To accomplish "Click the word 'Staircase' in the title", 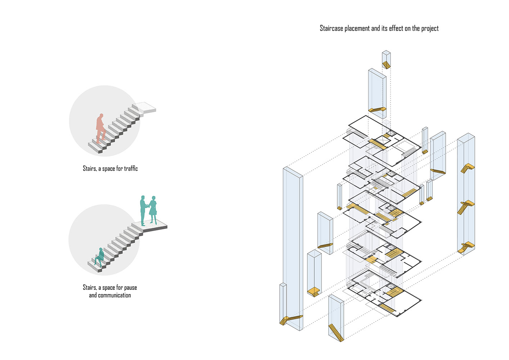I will coord(331,28).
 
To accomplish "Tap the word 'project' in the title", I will coord(430,28).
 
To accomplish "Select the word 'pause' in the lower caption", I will coord(130,287).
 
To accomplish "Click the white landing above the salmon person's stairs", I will coord(146,108).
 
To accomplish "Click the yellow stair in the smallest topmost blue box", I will coord(386,65).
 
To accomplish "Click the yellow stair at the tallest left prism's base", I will coord(290,319).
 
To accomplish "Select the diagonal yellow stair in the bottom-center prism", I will coord(336,332).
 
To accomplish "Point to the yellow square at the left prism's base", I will coord(314,292).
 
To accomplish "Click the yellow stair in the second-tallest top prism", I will coord(377,109).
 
